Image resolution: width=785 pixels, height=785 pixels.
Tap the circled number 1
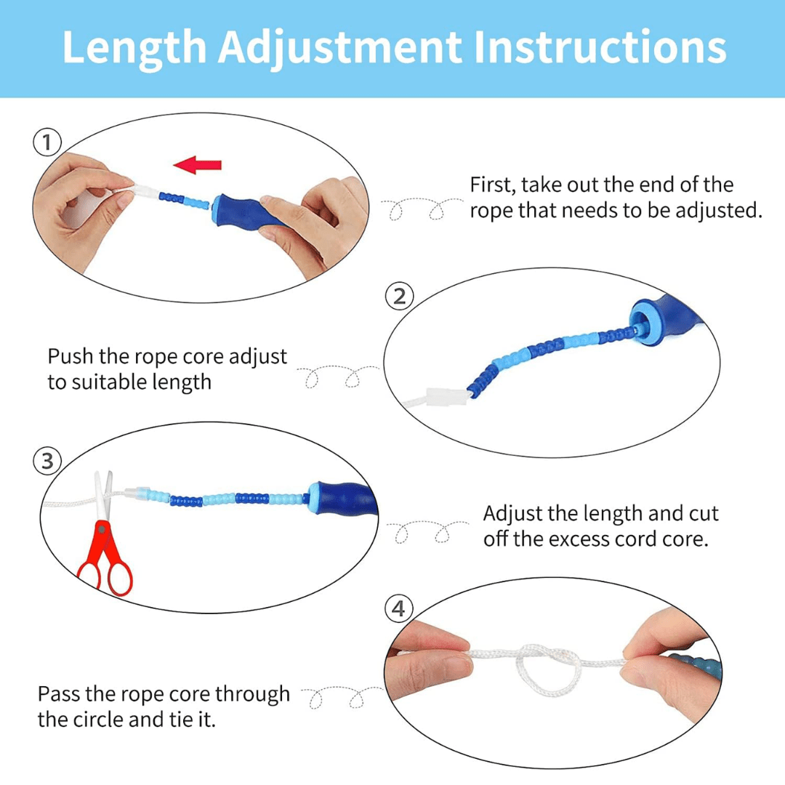[47, 142]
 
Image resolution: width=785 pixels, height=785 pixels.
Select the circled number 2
[400, 297]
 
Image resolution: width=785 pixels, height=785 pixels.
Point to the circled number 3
[47, 461]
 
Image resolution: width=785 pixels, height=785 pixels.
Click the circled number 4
[398, 608]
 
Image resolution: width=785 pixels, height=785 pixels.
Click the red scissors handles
[108, 560]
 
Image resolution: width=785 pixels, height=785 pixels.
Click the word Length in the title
[134, 47]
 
